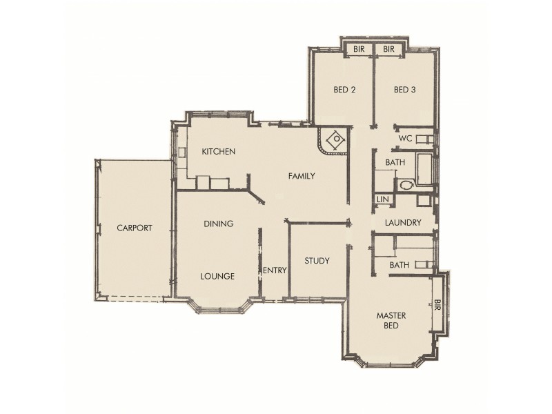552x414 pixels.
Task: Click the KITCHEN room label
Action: coord(219,152)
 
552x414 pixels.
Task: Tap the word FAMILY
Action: coord(301,177)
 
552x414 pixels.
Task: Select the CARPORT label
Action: coord(134,228)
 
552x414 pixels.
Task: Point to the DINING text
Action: coord(218,224)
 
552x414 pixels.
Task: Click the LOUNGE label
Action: coord(217,277)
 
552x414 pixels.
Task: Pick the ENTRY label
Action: coord(275,270)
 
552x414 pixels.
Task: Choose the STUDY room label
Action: coord(317,262)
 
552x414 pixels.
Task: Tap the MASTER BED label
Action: coord(391,321)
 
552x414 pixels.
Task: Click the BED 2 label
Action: coord(344,90)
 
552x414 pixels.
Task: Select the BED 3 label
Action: coord(405,90)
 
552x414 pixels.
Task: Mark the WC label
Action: coord(405,139)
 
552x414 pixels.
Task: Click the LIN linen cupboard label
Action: coord(382,200)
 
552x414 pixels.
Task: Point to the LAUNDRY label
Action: coord(404,223)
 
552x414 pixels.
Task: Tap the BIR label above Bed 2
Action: coord(359,50)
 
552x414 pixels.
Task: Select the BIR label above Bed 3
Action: coord(388,50)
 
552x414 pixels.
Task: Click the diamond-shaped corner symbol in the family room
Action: coord(335,140)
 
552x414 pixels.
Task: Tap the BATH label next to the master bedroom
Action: coord(399,265)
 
